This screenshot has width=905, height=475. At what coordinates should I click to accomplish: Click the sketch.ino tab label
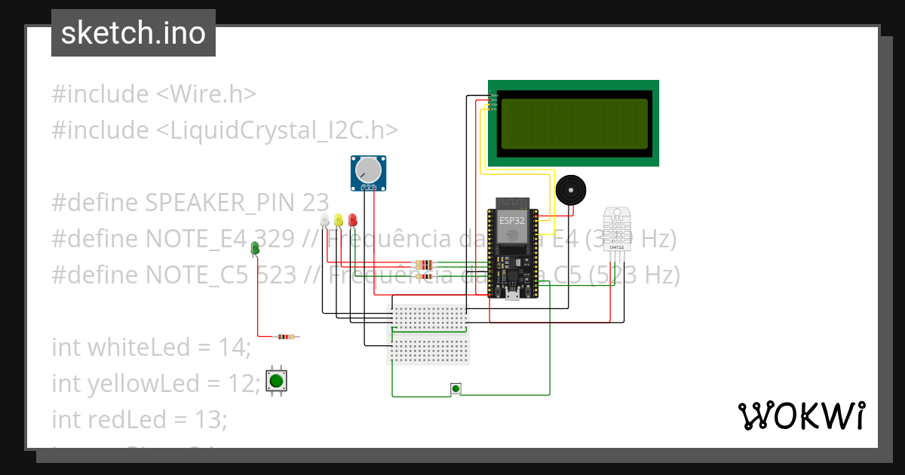133,33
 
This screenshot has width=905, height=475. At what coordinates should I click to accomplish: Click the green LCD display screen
574,124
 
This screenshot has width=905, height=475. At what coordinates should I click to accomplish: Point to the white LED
325,220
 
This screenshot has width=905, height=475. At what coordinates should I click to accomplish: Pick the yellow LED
339,220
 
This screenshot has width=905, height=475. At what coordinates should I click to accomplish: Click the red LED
352,220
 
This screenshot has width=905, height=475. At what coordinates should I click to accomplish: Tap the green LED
255,247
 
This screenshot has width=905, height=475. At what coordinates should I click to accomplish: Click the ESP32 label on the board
511,220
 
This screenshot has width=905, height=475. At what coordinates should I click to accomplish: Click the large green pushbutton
277,380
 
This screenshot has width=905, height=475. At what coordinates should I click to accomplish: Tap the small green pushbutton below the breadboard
455,388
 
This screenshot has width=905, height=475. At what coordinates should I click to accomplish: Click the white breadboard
428,334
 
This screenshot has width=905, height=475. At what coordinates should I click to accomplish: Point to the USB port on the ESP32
511,293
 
